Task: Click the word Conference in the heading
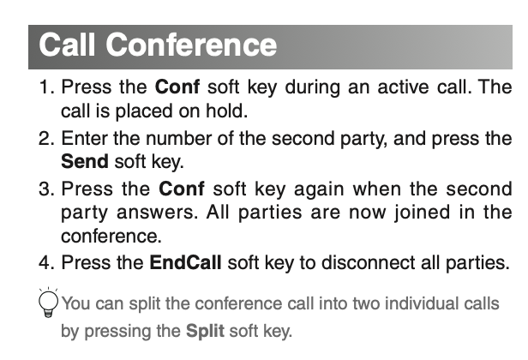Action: [x=191, y=45]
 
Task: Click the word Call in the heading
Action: [x=67, y=44]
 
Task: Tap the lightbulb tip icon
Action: [x=48, y=303]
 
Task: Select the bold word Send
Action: [x=85, y=161]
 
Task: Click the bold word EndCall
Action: [x=185, y=262]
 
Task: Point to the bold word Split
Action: [x=205, y=331]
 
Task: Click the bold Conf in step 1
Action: [x=177, y=87]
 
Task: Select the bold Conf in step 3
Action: [x=181, y=189]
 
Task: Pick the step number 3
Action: [x=46, y=189]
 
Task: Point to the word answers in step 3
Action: [x=157, y=213]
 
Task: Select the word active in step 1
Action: [x=403, y=87]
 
